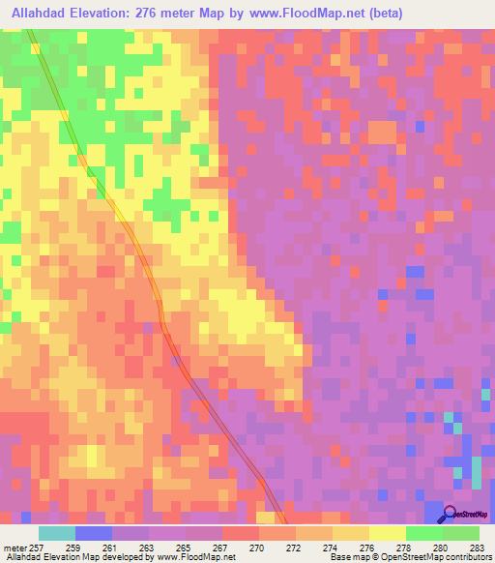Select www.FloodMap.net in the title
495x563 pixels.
pos(301,14)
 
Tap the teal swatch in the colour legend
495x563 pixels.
pos(57,533)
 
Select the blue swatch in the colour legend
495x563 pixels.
pos(94,533)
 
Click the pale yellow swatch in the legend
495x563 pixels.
pos(387,533)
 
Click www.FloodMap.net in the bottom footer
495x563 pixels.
pos(195,557)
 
